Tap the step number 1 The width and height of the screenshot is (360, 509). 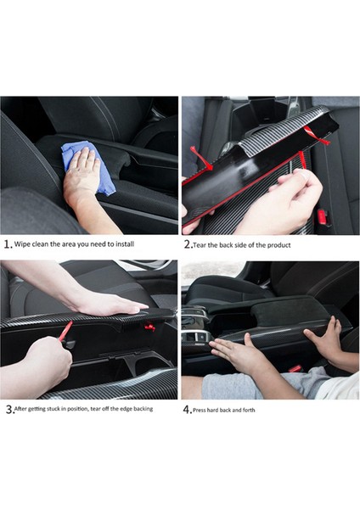7,244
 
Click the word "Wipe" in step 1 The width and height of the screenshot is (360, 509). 21,243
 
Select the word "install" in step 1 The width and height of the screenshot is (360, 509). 125,243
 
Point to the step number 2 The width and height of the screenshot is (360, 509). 188,244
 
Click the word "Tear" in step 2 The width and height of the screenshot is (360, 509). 200,245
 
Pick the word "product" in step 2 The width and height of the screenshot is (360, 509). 279,245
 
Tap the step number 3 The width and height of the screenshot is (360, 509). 9,409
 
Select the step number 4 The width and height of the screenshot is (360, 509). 187,410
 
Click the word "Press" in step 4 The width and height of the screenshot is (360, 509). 200,410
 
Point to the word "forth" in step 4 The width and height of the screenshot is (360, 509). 248,410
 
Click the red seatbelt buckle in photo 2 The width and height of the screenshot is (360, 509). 322,215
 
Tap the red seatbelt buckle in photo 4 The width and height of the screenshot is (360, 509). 295,368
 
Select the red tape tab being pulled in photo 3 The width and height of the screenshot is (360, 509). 66,331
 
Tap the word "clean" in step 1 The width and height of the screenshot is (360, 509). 39,243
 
